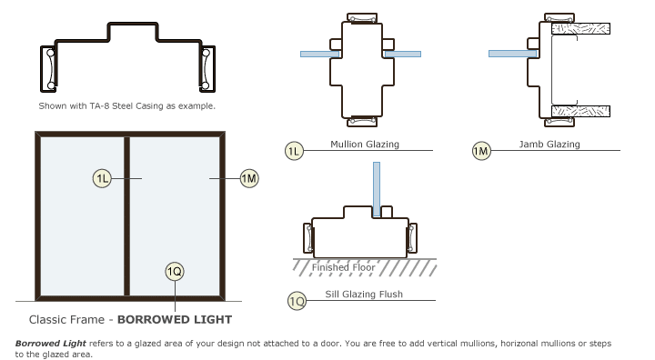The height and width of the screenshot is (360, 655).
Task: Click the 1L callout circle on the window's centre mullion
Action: (x=102, y=179)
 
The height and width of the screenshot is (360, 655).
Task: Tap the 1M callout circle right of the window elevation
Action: (x=248, y=179)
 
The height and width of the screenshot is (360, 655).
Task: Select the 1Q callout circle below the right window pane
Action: (x=175, y=270)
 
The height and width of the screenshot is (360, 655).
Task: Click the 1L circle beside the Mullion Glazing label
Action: (x=294, y=151)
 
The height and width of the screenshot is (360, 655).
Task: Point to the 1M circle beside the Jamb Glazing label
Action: (x=481, y=151)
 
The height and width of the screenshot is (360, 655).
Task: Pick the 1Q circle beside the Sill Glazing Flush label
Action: (x=296, y=300)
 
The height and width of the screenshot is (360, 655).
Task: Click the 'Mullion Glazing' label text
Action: (x=365, y=145)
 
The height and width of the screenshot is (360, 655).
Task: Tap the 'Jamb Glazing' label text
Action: (x=549, y=145)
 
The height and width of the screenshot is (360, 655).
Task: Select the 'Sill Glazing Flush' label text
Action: (x=364, y=295)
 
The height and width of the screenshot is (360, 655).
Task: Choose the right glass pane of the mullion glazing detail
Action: (x=402, y=55)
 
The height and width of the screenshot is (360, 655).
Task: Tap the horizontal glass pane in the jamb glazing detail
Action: (x=512, y=54)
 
